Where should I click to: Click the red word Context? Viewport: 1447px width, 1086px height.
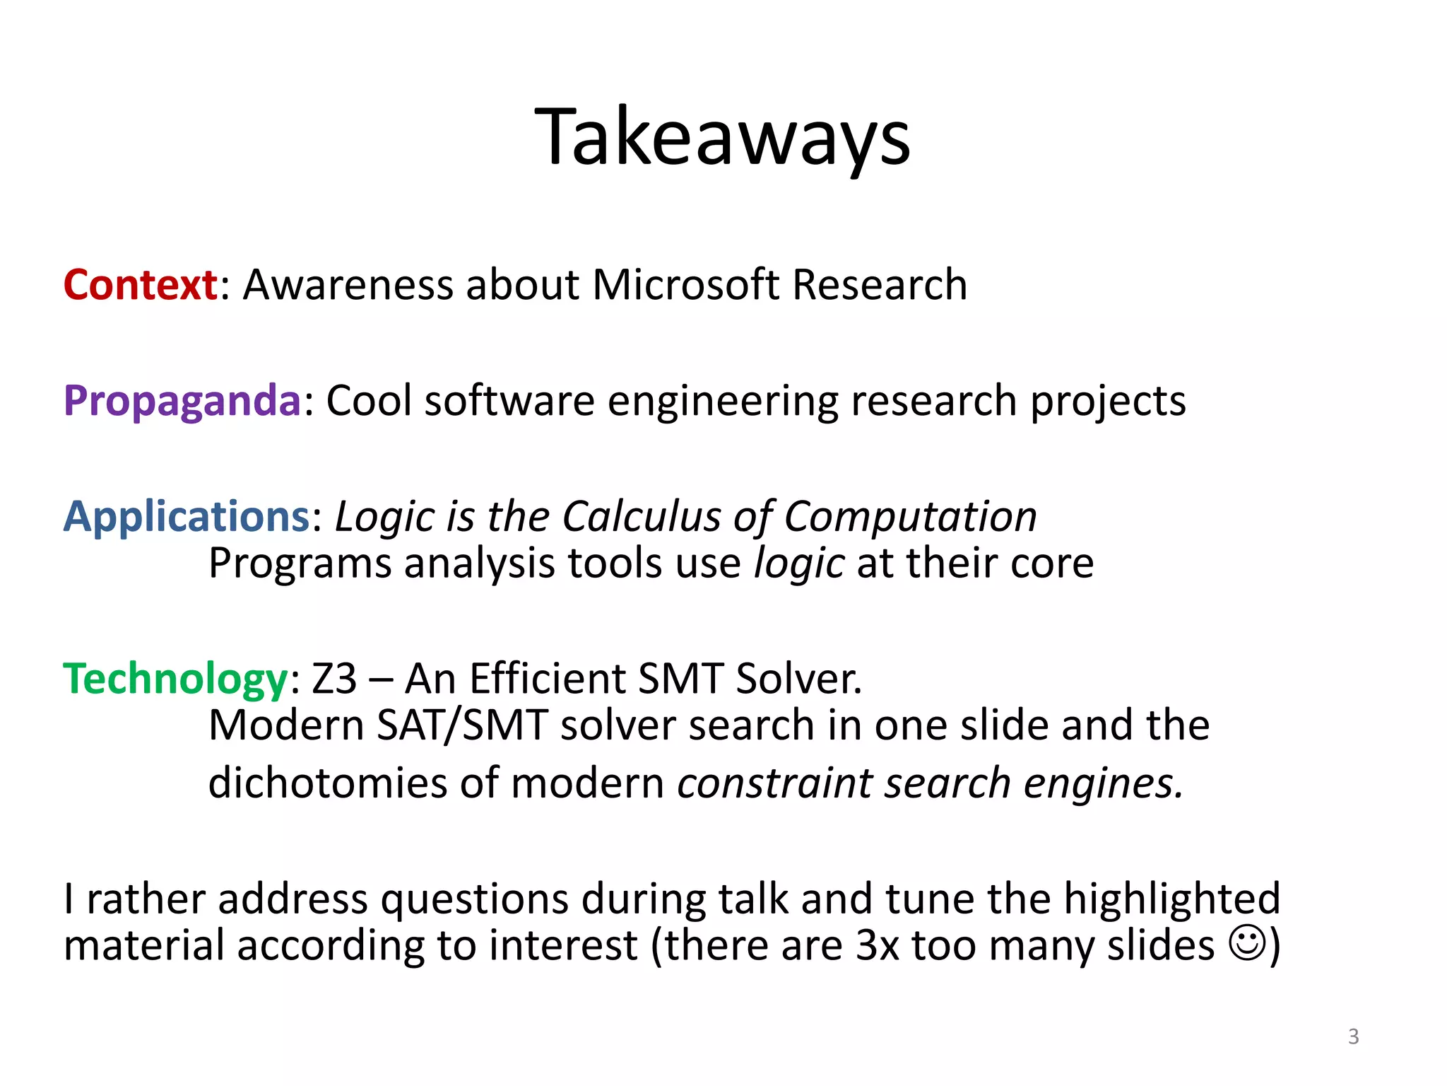point(140,285)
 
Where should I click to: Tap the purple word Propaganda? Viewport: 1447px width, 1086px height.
point(182,401)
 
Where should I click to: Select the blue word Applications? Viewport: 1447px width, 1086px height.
point(186,516)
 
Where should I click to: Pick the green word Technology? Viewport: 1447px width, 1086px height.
point(175,679)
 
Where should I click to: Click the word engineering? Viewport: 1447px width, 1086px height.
point(722,401)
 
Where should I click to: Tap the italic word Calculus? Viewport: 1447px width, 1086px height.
point(641,516)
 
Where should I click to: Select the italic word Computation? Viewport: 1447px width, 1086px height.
point(910,516)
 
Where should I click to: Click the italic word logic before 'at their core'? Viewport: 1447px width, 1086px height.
point(798,564)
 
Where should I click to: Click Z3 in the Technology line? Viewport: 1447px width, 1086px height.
point(334,679)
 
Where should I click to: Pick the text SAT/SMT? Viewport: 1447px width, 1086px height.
point(462,725)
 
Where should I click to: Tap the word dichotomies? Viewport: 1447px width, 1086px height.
point(327,783)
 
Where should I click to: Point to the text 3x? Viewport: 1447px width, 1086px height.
point(877,945)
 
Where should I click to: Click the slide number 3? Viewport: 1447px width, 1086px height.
point(1353,1037)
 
